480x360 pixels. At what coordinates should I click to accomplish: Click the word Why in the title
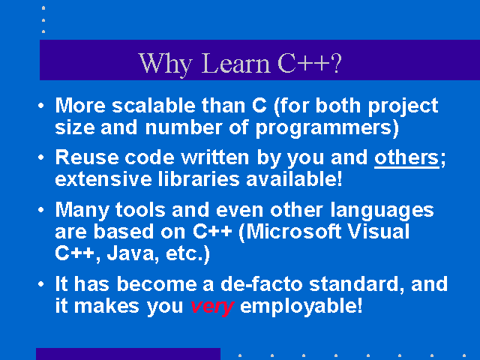click(x=165, y=64)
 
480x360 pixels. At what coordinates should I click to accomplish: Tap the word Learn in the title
click(x=235, y=63)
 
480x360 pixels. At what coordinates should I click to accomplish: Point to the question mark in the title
click(x=336, y=63)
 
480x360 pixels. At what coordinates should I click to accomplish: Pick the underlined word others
click(x=406, y=158)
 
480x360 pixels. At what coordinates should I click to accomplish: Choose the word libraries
click(x=199, y=179)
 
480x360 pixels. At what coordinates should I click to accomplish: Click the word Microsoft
click(x=293, y=232)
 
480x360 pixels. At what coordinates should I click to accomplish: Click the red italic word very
click(x=212, y=307)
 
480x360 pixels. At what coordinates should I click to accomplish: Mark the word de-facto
click(x=262, y=284)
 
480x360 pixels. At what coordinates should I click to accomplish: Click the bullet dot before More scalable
click(x=41, y=106)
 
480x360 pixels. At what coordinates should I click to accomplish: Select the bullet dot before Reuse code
click(x=41, y=157)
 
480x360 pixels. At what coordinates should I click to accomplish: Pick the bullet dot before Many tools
click(x=41, y=210)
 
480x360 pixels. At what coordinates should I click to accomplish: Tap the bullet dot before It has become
click(x=41, y=284)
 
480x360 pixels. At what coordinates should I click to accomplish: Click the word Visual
click(x=379, y=232)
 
